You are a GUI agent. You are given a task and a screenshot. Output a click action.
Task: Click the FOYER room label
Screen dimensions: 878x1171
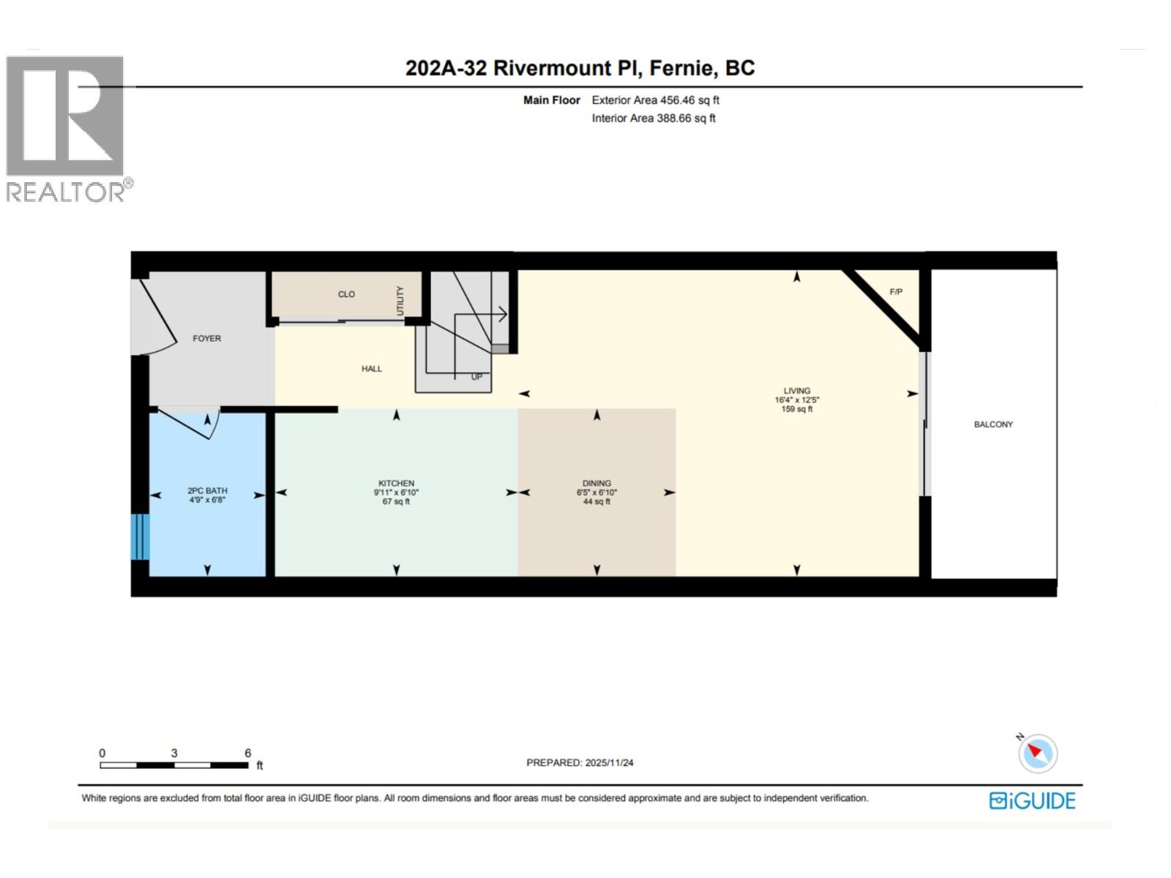[206, 339]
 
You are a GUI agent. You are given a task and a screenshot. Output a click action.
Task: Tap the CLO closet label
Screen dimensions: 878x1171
[346, 294]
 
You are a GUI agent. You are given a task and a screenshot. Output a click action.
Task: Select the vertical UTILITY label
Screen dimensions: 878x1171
[400, 301]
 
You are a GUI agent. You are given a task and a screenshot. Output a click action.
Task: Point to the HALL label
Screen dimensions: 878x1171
[372, 369]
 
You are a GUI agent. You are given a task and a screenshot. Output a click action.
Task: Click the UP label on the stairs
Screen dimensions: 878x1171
[476, 378]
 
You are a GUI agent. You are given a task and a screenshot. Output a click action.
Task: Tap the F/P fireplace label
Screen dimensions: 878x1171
[896, 292]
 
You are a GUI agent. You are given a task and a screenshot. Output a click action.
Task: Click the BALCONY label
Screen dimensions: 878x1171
[993, 424]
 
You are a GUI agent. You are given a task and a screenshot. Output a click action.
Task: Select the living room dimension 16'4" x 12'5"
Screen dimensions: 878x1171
[797, 400]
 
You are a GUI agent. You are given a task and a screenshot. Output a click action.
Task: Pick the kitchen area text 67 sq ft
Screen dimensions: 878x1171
[396, 502]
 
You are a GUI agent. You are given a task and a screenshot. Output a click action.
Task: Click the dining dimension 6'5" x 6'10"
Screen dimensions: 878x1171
[596, 492]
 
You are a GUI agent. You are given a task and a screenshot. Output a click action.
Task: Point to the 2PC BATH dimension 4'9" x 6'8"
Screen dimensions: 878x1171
[207, 500]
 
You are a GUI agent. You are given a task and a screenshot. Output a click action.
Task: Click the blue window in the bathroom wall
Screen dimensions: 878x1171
[141, 537]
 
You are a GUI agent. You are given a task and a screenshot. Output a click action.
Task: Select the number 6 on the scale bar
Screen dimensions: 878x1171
[248, 753]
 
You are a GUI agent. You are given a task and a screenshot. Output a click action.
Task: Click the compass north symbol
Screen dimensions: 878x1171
[1037, 753]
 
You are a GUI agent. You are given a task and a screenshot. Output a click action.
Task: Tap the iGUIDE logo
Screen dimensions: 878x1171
[1032, 800]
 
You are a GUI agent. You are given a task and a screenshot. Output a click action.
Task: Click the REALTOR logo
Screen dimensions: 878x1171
[66, 128]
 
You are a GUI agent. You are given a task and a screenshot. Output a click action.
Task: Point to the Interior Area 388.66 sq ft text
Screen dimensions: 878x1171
[654, 119]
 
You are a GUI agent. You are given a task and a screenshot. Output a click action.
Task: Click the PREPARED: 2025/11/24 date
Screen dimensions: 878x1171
[580, 762]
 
